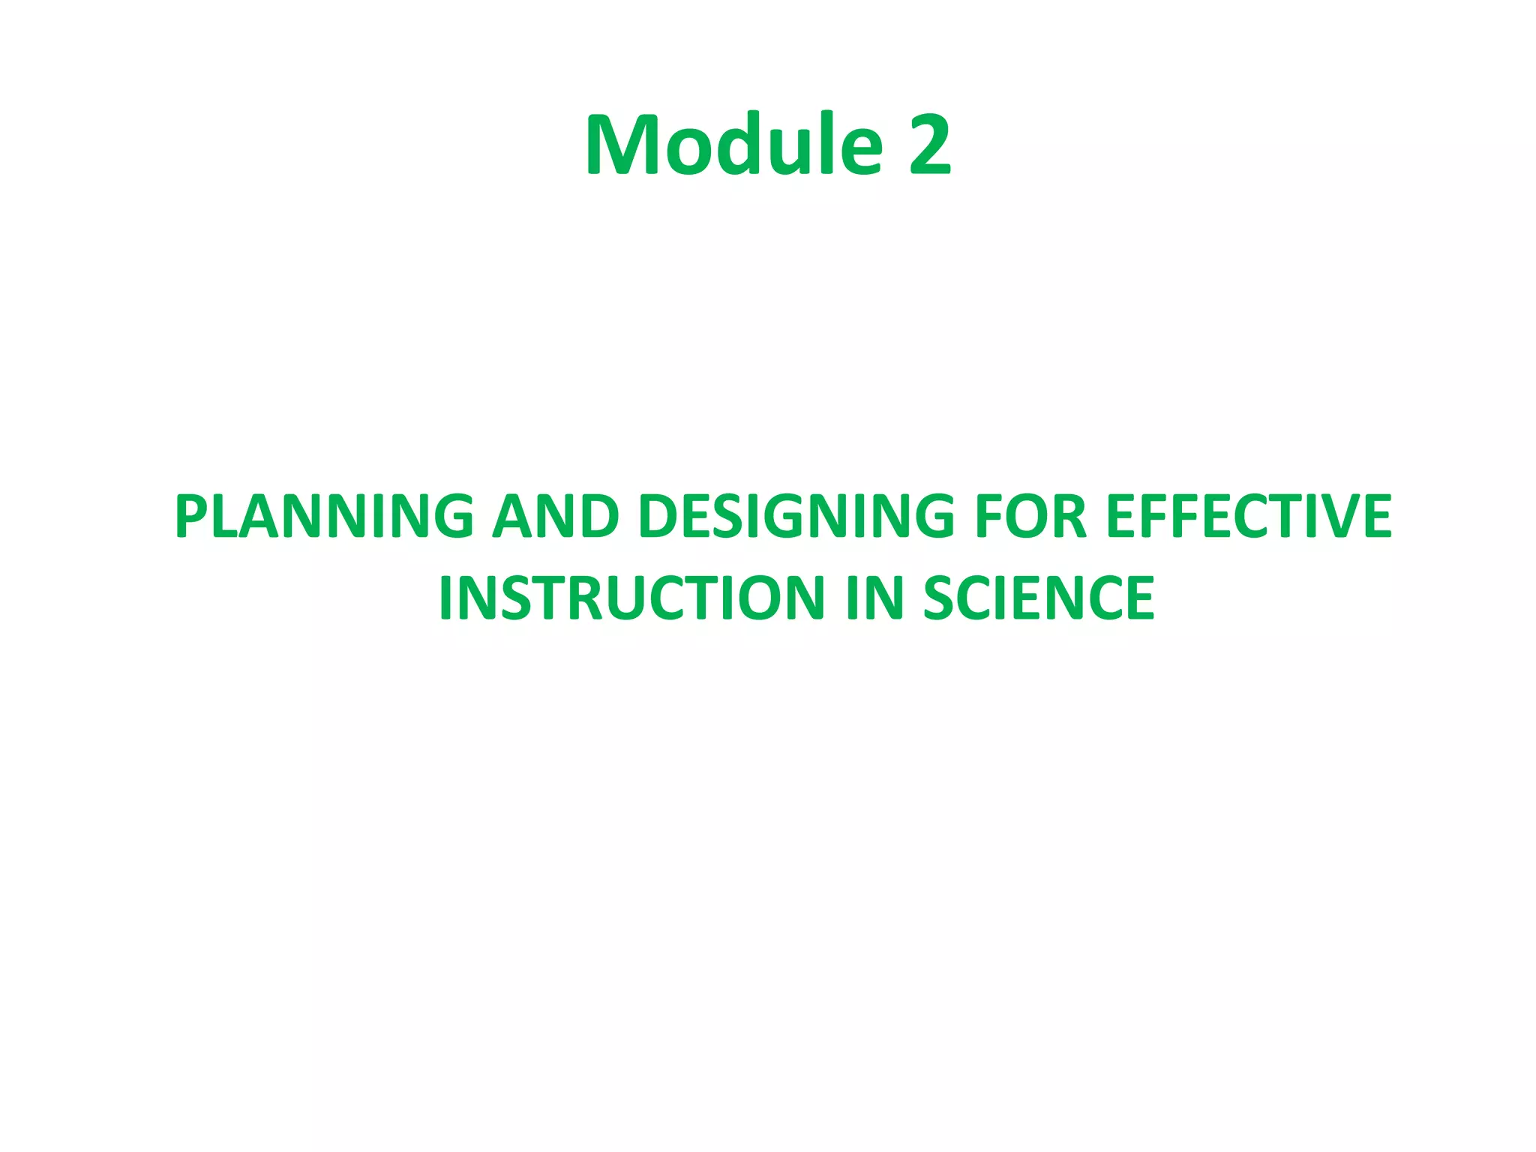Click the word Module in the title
(x=735, y=144)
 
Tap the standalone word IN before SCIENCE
(x=874, y=598)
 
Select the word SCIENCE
(x=1039, y=598)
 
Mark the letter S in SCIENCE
(x=940, y=598)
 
